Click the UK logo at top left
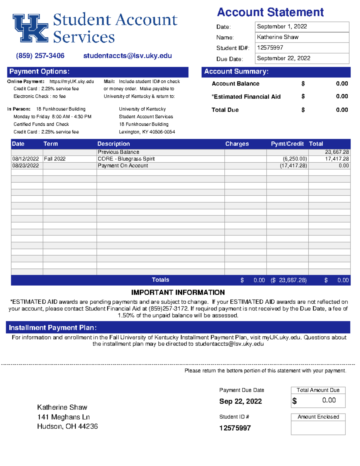point(30,28)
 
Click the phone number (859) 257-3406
point(40,56)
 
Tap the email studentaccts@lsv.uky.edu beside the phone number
point(127,56)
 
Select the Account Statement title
point(270,12)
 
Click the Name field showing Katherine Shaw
point(301,37)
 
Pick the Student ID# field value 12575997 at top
point(301,48)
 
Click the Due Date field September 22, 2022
point(301,58)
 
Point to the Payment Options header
point(39,71)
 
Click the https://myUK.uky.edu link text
point(72,81)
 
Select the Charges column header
point(237,144)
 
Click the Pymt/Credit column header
point(287,144)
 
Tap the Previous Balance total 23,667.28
point(337,152)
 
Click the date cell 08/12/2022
point(25,159)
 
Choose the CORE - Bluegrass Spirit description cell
point(126,159)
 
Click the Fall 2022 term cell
point(55,159)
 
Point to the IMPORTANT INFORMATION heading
point(178,293)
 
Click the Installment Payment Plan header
point(52,328)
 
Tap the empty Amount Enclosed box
point(318,428)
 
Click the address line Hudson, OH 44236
point(67,426)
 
